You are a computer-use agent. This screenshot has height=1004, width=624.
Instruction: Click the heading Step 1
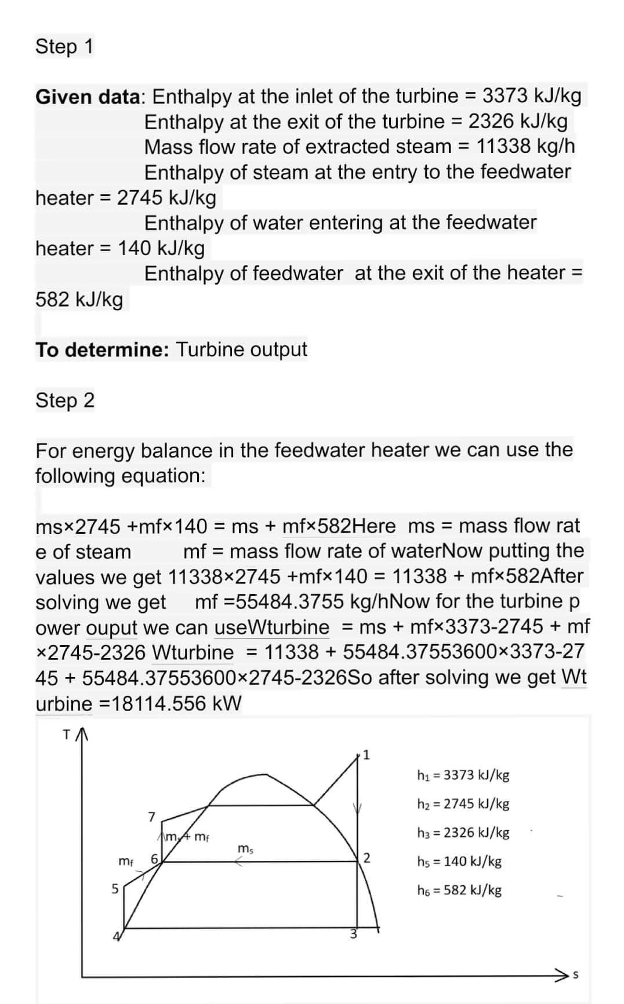(x=64, y=46)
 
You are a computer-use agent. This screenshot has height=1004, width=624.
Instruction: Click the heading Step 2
(x=65, y=400)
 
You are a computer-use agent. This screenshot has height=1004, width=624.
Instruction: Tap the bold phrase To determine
(x=102, y=350)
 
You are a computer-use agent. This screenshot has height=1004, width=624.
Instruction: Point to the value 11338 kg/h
(x=525, y=147)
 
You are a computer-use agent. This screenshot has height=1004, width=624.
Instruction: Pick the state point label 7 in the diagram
(x=152, y=817)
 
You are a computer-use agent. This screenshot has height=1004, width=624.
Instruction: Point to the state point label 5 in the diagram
(x=115, y=888)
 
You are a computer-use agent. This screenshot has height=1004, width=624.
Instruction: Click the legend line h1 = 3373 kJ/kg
(x=463, y=775)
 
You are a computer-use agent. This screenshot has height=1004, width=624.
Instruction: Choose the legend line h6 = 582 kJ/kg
(x=459, y=890)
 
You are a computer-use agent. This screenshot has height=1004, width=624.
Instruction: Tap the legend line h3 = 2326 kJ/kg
(x=463, y=832)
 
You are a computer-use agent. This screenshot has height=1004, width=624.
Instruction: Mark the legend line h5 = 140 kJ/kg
(x=459, y=861)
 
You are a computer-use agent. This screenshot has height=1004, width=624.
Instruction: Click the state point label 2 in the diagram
(x=367, y=858)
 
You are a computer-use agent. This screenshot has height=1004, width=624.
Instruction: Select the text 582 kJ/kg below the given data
(x=79, y=300)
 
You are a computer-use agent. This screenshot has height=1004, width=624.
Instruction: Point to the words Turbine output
(x=241, y=350)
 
